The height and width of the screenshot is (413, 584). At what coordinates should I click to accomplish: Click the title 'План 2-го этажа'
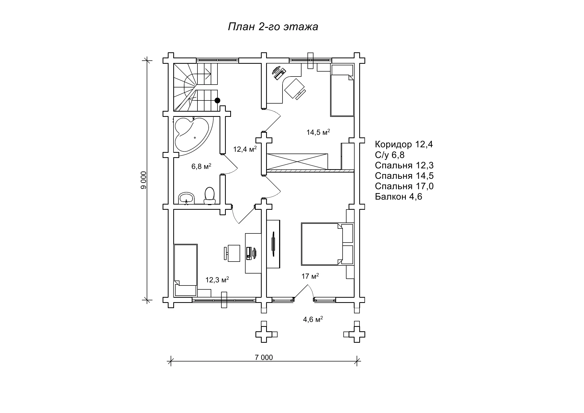(x=273, y=27)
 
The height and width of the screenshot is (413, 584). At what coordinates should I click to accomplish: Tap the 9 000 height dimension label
(x=144, y=180)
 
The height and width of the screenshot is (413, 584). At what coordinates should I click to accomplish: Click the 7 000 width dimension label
(x=264, y=357)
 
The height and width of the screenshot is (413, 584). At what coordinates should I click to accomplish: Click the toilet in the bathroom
(x=209, y=196)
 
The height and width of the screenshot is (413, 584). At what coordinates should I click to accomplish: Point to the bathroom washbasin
(x=186, y=198)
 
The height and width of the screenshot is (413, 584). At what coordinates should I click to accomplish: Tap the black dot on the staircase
(x=217, y=100)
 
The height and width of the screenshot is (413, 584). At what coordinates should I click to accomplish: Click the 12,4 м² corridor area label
(x=245, y=149)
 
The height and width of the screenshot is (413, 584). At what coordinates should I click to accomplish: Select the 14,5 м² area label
(x=318, y=132)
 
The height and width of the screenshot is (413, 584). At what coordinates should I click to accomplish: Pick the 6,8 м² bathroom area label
(x=201, y=166)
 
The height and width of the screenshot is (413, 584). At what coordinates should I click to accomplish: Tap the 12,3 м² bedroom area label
(x=217, y=280)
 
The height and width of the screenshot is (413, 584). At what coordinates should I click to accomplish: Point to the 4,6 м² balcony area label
(x=313, y=319)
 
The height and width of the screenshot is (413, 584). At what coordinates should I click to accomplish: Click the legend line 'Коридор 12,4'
(x=404, y=144)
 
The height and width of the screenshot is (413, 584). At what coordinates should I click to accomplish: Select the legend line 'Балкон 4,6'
(x=399, y=196)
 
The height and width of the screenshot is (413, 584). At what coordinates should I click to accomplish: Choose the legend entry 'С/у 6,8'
(x=390, y=155)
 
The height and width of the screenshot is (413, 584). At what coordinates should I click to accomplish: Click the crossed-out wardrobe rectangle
(x=297, y=161)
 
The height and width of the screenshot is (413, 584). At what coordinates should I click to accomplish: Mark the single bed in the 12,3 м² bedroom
(x=185, y=270)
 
